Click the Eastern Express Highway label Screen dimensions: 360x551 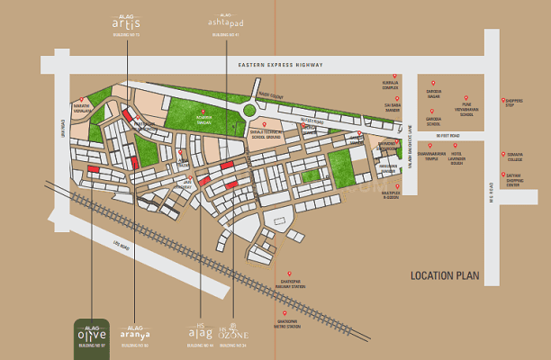click(275, 66)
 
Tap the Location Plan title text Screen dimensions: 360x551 click(445, 276)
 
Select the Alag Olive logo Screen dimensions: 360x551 click(91, 335)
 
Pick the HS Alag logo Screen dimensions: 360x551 click(200, 334)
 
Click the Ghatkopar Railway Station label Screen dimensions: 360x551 click(291, 285)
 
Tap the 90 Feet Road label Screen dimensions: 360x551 click(447, 136)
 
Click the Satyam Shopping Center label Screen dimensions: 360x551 click(516, 178)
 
